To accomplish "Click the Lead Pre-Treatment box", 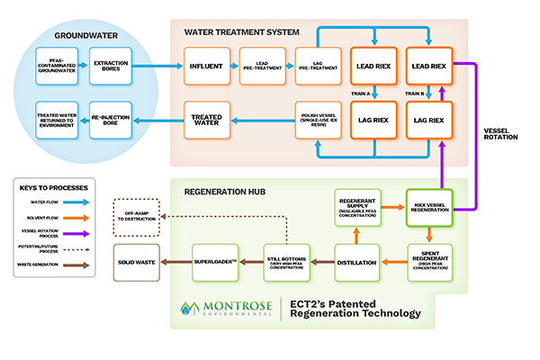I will [263, 67].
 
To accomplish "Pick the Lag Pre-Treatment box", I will [316, 67].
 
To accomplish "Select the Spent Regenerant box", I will [428, 261].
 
